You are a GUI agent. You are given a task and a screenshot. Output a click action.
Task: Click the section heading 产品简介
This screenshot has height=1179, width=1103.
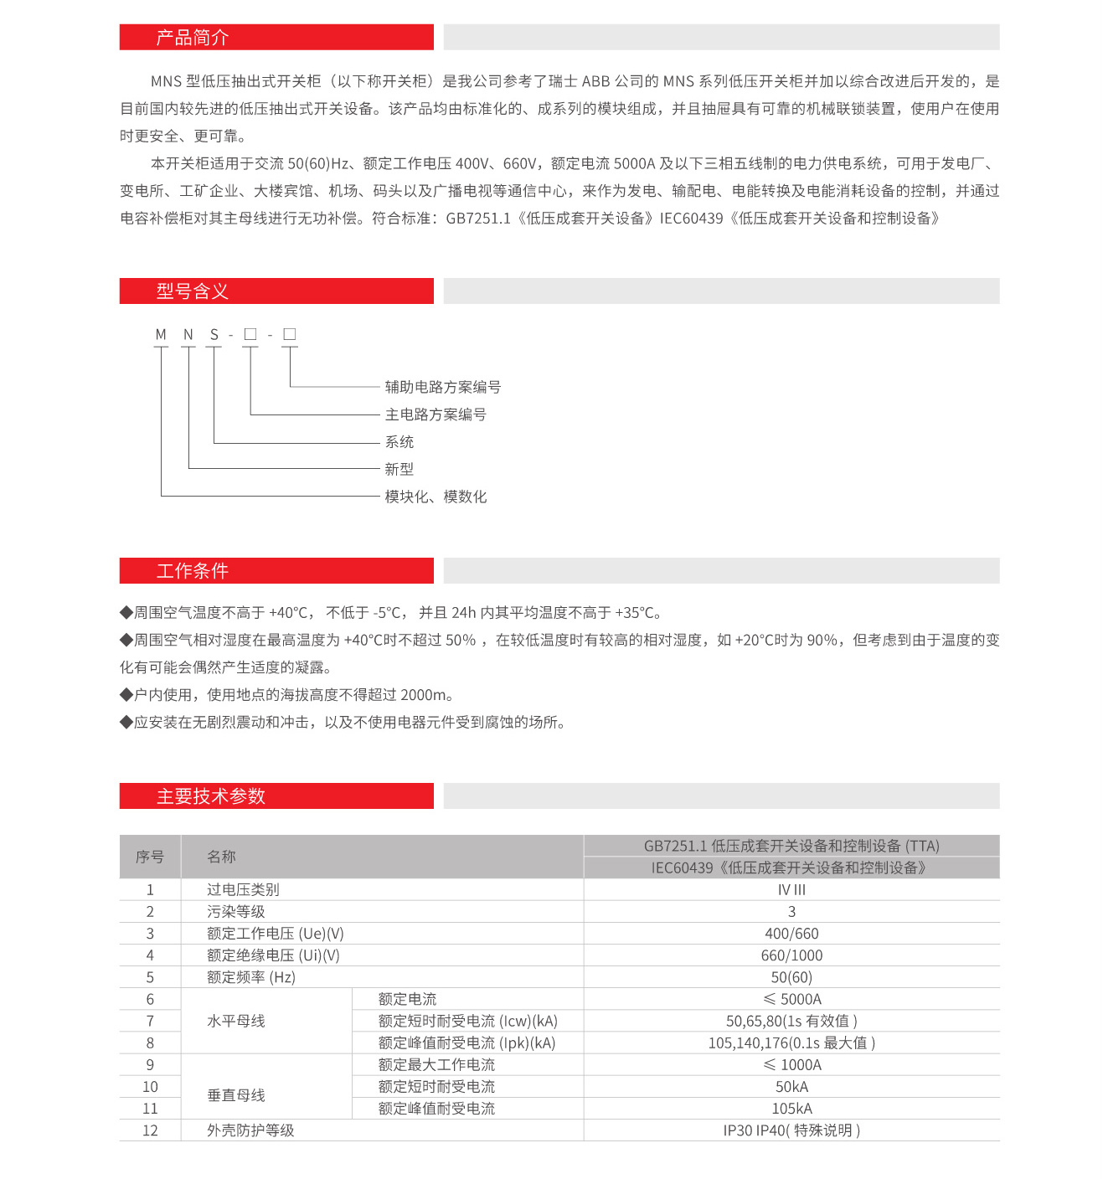point(192,38)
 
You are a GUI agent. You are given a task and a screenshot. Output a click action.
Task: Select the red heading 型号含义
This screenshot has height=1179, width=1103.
point(192,291)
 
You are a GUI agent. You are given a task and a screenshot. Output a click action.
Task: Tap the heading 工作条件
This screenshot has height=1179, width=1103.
point(192,571)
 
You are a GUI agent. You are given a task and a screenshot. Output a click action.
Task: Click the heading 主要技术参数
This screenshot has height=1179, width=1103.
point(210,796)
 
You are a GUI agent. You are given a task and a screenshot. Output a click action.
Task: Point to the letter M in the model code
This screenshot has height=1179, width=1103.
point(161,335)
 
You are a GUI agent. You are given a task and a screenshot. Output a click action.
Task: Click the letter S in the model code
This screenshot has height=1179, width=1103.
point(214,335)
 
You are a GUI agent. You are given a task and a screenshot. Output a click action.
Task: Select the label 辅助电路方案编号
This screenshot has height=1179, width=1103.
point(442,387)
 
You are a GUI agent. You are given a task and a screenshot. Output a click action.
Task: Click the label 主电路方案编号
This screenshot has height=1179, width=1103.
point(436,414)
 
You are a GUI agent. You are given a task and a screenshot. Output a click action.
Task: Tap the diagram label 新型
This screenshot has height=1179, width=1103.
point(399,469)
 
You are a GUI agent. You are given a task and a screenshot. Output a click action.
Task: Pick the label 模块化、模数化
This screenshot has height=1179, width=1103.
point(436,497)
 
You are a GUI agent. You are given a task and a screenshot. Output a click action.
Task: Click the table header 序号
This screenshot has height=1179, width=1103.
point(150,857)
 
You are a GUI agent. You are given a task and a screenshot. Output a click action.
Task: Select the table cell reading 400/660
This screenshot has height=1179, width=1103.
point(791,934)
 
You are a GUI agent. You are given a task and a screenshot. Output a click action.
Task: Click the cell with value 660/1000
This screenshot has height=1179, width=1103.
point(791,955)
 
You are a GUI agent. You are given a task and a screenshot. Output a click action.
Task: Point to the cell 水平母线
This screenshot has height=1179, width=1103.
point(236,1021)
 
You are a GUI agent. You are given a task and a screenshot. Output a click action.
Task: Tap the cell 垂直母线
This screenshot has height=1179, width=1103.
point(236,1095)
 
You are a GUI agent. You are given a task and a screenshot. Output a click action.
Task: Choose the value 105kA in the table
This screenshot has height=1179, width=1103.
point(791,1109)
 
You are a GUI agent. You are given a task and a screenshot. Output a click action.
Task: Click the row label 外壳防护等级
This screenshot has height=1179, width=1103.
point(250,1130)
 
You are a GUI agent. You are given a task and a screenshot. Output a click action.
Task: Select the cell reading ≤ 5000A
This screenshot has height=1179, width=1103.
point(791,999)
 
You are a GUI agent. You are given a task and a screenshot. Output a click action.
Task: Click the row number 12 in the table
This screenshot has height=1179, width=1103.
point(150,1130)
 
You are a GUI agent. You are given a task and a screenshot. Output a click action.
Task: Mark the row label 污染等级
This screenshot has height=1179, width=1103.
point(236,912)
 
